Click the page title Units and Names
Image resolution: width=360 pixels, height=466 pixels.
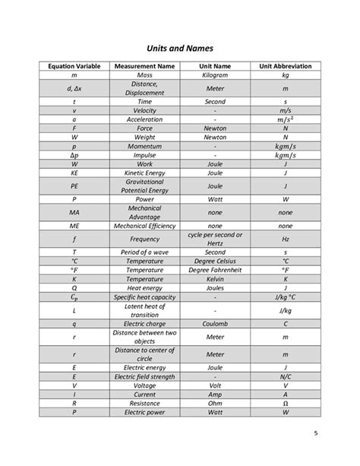coord(180,48)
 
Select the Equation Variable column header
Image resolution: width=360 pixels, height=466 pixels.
coord(74,67)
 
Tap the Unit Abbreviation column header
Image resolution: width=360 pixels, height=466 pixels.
coord(285,67)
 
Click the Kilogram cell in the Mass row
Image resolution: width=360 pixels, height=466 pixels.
coord(216,76)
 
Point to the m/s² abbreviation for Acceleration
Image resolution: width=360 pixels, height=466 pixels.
coord(285,119)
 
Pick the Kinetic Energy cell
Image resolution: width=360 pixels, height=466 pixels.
coord(145,173)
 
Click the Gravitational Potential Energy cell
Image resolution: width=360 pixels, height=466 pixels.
coord(145,185)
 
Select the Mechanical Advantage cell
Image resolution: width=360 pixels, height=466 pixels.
coord(145,212)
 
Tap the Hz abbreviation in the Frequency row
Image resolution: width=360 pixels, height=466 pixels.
coord(285,239)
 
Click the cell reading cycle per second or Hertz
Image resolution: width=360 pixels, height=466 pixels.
coord(216,239)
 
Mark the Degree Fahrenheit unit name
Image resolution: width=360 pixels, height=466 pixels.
coord(216,270)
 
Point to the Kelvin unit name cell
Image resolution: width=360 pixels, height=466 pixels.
coord(216,279)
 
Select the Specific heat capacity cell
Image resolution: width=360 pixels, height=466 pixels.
coord(145,298)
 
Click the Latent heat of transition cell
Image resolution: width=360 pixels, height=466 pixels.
coord(145,311)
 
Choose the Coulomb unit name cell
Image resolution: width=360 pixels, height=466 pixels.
coord(216,324)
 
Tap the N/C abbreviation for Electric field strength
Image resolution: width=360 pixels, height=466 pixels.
coord(285,376)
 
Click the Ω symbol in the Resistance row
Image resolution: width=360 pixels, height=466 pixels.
coord(285,404)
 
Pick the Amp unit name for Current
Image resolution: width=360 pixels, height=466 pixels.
coord(216,395)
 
